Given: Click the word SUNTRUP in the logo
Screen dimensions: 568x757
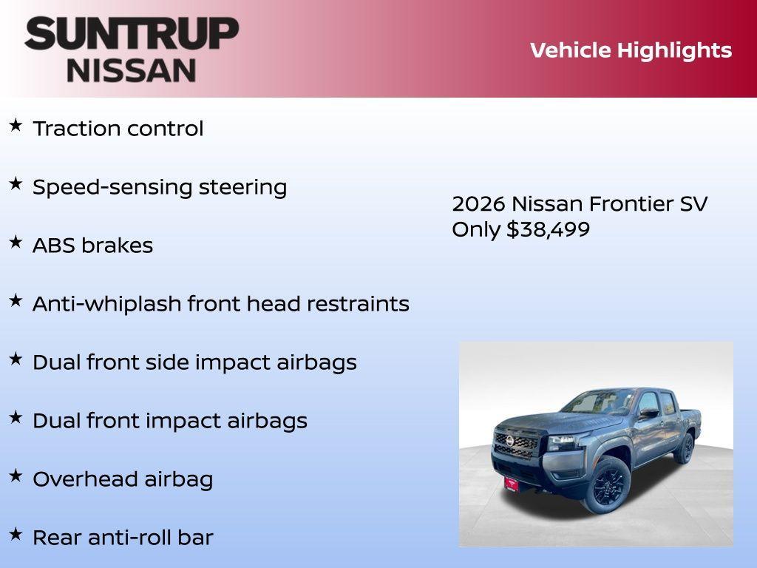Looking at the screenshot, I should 132,33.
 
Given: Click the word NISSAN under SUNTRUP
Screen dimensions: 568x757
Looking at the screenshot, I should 132,70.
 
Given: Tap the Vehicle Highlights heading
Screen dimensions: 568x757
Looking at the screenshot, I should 631,50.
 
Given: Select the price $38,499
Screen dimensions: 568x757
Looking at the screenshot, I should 548,229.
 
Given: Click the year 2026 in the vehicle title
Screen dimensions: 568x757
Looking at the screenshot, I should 478,203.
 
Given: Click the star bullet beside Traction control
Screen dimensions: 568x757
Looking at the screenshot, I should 16,126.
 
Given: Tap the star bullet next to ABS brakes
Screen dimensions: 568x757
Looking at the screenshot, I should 16,243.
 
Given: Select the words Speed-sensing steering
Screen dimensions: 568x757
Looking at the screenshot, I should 160,187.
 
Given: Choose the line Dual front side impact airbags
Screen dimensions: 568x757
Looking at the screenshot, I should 194,362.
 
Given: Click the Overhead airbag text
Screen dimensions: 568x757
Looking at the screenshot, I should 123,479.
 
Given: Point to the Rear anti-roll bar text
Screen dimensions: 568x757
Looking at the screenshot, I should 123,538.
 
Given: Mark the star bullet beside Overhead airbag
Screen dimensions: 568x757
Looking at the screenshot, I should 16,476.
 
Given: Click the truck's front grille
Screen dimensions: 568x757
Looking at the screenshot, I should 516,444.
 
